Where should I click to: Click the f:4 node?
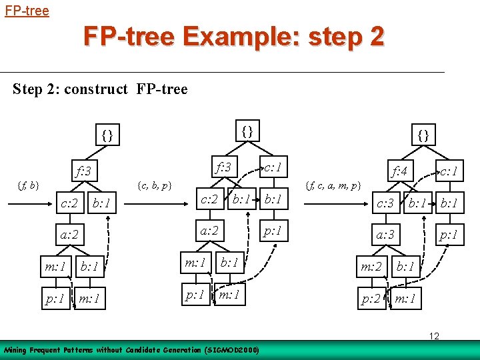click(400, 171)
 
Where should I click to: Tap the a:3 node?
click(385, 235)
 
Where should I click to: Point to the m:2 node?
click(371, 267)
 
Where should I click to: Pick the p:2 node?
click(371, 299)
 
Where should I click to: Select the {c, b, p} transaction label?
click(153, 184)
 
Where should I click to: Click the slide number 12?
click(433, 336)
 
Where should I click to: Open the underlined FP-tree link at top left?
click(27, 11)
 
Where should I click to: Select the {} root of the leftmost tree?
click(107, 135)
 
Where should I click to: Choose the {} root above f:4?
click(423, 135)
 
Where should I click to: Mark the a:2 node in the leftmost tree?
click(69, 235)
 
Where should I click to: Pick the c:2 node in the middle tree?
click(210, 198)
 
